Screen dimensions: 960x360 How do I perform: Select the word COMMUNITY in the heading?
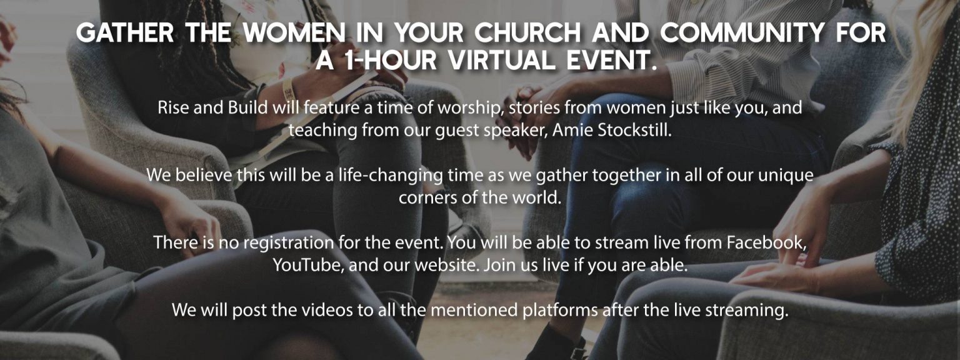742,32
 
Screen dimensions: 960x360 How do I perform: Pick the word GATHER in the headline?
125,32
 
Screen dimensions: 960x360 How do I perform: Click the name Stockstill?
634,130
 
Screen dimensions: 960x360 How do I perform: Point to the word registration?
288,243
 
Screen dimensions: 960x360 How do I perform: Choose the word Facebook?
766,242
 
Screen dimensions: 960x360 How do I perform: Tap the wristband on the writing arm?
287,89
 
